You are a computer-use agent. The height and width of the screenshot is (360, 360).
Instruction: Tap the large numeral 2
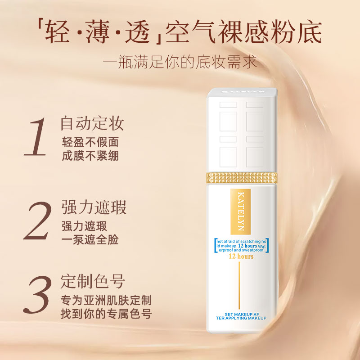[37, 221]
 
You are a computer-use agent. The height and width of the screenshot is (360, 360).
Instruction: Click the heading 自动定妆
[92, 123]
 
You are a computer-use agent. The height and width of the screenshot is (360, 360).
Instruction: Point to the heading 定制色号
[92, 282]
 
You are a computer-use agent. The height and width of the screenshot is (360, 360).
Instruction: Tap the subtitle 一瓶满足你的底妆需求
[180, 61]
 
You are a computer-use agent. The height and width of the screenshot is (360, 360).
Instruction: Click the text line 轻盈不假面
[90, 142]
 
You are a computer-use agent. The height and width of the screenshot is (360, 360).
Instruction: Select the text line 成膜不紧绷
[90, 156]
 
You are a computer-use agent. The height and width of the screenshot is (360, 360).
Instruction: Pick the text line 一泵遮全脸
[90, 240]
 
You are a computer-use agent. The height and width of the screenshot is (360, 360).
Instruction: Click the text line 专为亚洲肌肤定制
[106, 300]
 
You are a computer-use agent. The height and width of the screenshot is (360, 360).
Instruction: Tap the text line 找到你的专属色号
[106, 314]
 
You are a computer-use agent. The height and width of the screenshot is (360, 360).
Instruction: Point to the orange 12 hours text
[241, 256]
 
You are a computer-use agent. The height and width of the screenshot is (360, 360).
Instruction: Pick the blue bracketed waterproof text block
[242, 246]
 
